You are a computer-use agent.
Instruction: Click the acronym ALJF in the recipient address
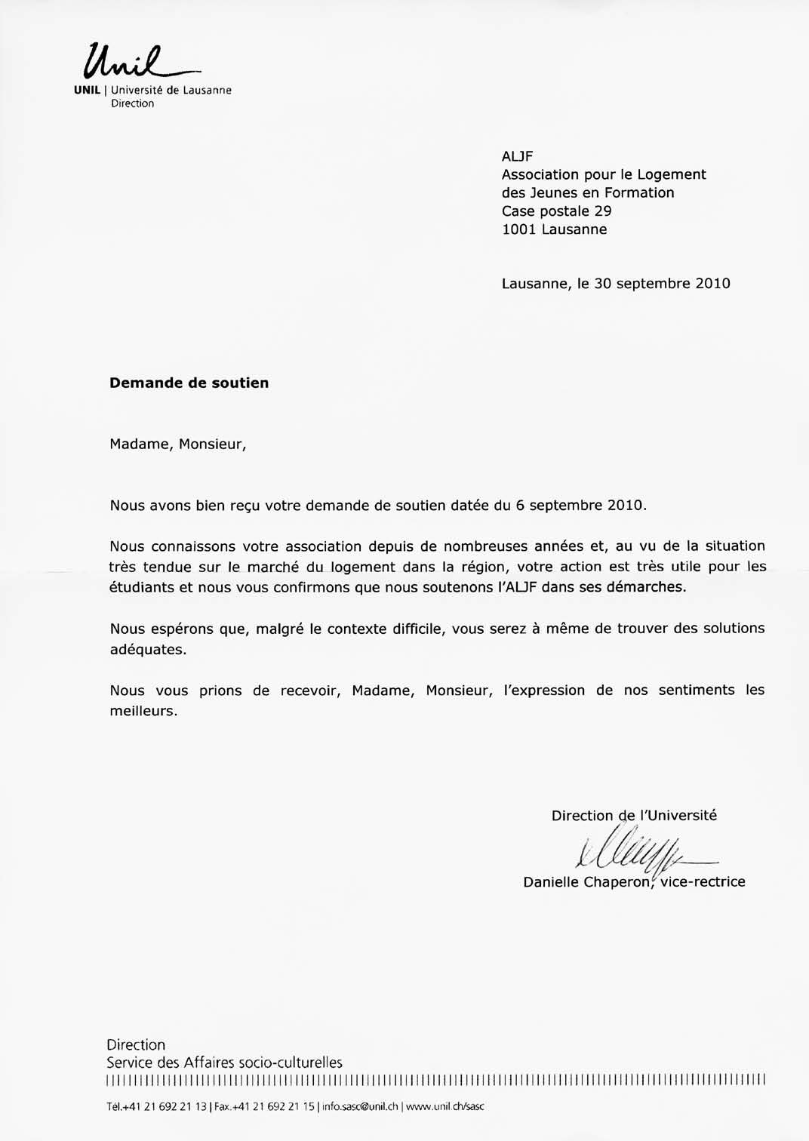click(517, 156)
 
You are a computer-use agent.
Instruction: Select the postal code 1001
click(518, 229)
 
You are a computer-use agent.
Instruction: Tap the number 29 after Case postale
click(602, 211)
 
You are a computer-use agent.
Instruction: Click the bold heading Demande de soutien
click(189, 383)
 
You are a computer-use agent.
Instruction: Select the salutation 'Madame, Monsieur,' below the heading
click(178, 444)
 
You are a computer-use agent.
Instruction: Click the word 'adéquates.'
click(148, 649)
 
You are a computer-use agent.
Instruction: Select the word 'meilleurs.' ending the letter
click(143, 711)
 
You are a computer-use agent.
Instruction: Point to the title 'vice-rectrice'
click(703, 882)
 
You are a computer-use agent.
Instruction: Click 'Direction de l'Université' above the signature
click(634, 815)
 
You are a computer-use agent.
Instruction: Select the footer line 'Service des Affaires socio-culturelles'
click(224, 1063)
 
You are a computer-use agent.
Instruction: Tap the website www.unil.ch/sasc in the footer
click(444, 1106)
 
